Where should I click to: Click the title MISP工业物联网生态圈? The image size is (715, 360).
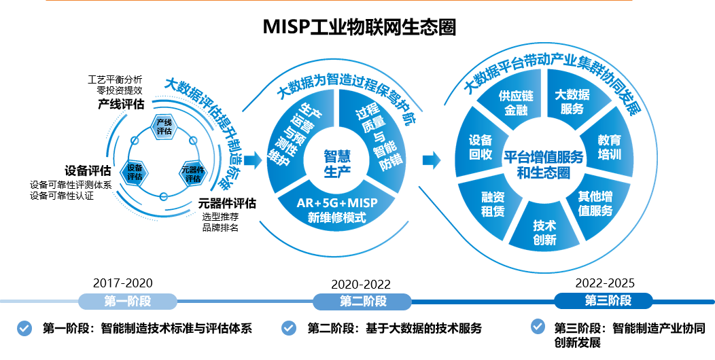click(x=359, y=27)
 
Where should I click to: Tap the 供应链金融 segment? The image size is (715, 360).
click(x=516, y=103)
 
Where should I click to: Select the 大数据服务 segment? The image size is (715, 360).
click(x=572, y=101)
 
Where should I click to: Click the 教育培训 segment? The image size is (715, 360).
click(x=610, y=147)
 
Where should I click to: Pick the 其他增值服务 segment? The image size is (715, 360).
click(x=595, y=203)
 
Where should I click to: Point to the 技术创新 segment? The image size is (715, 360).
click(x=544, y=232)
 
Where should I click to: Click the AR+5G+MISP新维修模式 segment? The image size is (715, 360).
click(x=336, y=210)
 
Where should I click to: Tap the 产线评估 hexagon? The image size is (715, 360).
click(x=164, y=126)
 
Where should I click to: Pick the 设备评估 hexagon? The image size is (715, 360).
click(x=135, y=171)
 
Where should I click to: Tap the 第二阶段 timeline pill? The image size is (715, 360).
click(x=363, y=302)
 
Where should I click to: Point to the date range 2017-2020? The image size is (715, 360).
click(x=123, y=283)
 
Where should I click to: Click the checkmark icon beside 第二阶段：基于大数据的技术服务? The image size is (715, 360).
click(x=290, y=328)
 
